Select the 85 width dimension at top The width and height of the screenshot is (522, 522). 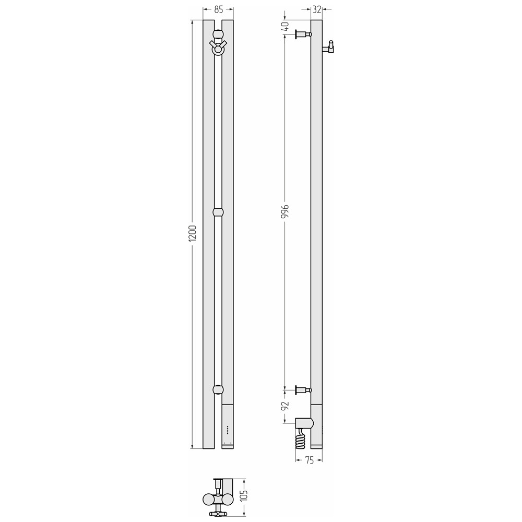click(x=218, y=10)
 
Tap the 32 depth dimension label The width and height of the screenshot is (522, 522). click(x=317, y=10)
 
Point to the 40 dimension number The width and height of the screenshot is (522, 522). click(x=286, y=26)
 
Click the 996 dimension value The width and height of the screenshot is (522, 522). click(x=286, y=212)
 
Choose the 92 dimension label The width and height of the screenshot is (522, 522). click(x=286, y=406)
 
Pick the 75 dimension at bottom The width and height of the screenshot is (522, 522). click(x=309, y=460)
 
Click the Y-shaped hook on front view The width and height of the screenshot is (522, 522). click(x=218, y=46)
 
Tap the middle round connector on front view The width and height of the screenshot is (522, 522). click(x=218, y=212)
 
